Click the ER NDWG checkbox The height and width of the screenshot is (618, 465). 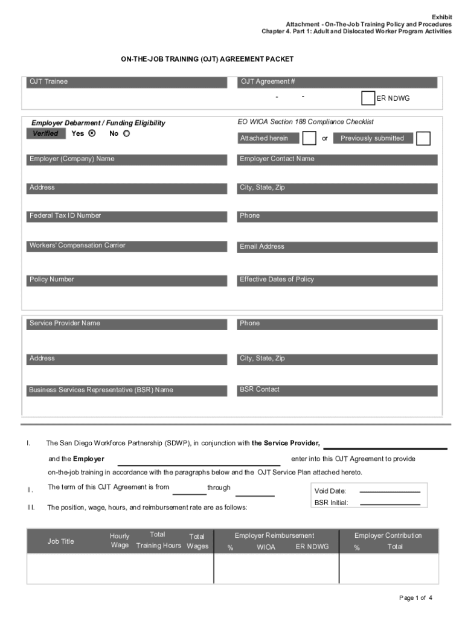368,98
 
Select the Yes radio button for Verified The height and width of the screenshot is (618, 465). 92,133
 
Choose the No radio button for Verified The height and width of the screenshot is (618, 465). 126,133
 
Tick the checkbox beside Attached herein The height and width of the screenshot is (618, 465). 309,138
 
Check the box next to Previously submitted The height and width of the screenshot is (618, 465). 423,138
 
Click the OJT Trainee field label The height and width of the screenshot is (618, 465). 49,82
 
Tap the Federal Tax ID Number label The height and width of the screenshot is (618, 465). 65,216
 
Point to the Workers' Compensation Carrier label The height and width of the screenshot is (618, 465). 77,246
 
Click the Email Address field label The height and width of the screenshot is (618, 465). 262,247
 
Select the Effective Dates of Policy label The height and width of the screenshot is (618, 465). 277,280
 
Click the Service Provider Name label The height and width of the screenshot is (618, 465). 65,323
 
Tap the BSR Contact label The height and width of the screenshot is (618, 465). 260,390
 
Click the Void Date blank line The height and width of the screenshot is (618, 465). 390,491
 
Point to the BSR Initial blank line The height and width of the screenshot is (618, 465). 390,503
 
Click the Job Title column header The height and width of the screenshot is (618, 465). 61,541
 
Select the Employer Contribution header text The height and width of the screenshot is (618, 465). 388,536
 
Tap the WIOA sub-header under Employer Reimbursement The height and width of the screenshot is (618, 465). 266,547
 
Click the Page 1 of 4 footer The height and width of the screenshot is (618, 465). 416,598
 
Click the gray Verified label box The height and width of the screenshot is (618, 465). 46,134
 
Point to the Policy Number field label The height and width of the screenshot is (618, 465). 52,280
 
